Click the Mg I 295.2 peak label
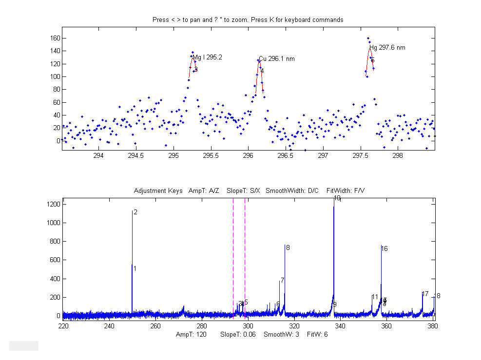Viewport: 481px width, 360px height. pyautogui.click(x=207, y=57)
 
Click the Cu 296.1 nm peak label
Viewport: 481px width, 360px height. pyautogui.click(x=276, y=59)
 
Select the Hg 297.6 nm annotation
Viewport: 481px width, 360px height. pyautogui.click(x=387, y=48)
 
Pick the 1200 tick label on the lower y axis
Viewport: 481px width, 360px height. pyautogui.click(x=53, y=205)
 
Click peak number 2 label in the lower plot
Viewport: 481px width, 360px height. pyautogui.click(x=135, y=212)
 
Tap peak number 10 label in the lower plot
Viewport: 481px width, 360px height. pyautogui.click(x=337, y=198)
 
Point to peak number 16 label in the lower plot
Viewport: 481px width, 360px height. pyautogui.click(x=385, y=249)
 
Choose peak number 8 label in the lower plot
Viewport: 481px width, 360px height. pyautogui.click(x=288, y=248)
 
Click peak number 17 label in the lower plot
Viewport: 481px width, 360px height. pyautogui.click(x=425, y=294)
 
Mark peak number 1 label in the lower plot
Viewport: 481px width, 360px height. pyautogui.click(x=135, y=269)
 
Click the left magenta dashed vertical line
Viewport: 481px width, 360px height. pyautogui.click(x=233, y=258)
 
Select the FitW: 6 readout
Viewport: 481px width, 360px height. pyautogui.click(x=319, y=335)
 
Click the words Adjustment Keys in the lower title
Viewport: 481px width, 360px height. pyautogui.click(x=158, y=190)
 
